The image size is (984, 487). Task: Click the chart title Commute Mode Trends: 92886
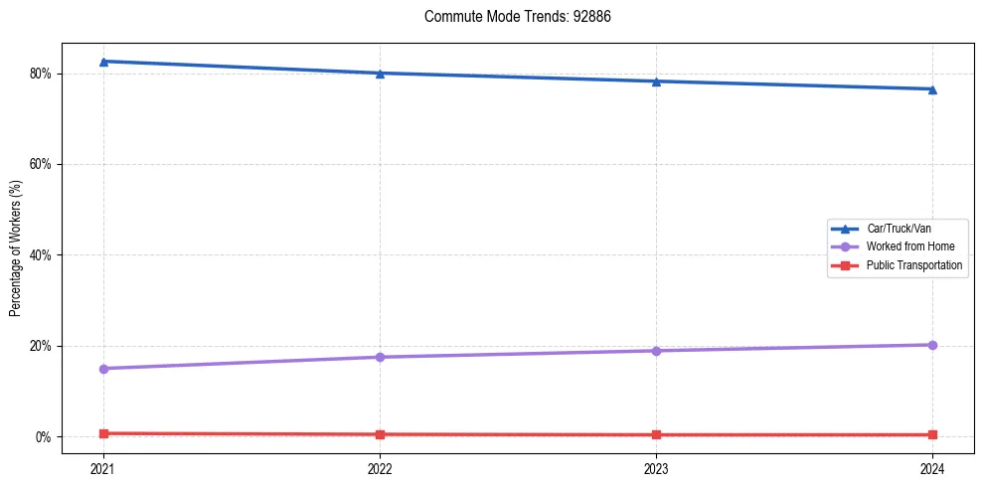click(x=511, y=17)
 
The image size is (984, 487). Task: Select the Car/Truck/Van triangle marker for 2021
click(x=103, y=62)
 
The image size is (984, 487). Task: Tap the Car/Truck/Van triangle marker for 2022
click(x=380, y=74)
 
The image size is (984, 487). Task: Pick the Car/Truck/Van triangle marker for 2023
click(x=656, y=81)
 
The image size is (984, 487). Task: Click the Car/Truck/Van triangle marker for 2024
click(x=932, y=89)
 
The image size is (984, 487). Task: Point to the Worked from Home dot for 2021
click(x=103, y=369)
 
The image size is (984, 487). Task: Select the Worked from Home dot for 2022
click(x=380, y=357)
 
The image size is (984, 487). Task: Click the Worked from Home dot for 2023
click(x=656, y=351)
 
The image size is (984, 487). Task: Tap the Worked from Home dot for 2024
click(x=932, y=345)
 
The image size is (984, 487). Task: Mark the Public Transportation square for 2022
click(x=380, y=434)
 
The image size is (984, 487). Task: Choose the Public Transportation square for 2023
click(x=656, y=434)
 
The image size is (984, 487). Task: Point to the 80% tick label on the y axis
click(x=41, y=74)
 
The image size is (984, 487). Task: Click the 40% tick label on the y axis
click(x=41, y=255)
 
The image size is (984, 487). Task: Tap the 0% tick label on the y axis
click(x=44, y=437)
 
